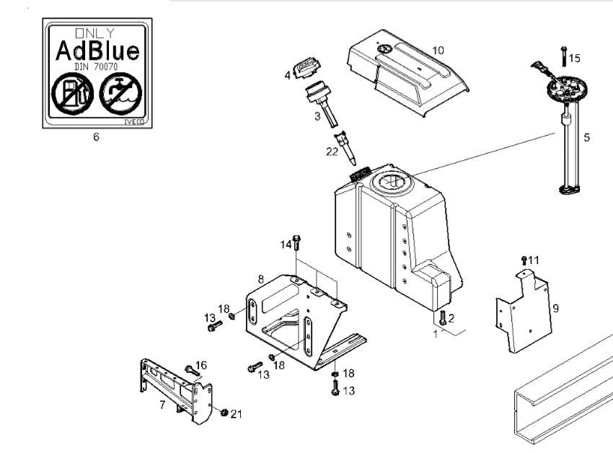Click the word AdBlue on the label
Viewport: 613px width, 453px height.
pos(97,51)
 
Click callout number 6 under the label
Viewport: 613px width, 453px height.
pos(96,137)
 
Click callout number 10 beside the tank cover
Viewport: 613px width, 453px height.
pos(438,50)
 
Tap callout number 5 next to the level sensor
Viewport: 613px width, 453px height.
pos(586,137)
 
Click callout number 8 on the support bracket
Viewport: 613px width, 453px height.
pos(260,278)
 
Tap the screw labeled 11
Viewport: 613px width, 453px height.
pos(524,260)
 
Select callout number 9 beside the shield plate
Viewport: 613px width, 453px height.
pos(555,308)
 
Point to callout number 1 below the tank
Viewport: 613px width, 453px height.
pos(436,334)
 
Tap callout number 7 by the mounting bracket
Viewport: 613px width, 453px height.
pos(162,405)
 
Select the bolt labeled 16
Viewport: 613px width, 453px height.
pos(190,371)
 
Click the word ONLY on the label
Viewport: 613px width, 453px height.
pos(96,32)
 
